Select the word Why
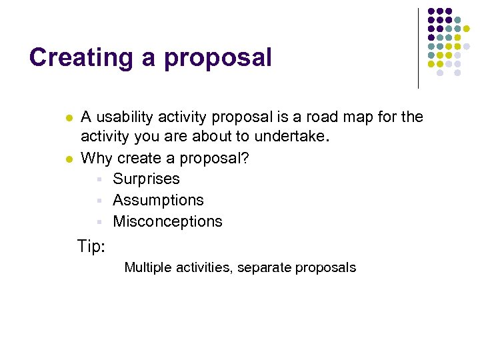[96, 159]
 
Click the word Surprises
[146, 179]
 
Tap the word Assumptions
[158, 201]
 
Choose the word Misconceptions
[167, 221]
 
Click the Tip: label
[91, 247]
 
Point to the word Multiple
[148, 267]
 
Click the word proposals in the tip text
[325, 268]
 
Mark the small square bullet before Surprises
[98, 179]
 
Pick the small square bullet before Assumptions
[98, 201]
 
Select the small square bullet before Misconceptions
[98, 222]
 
